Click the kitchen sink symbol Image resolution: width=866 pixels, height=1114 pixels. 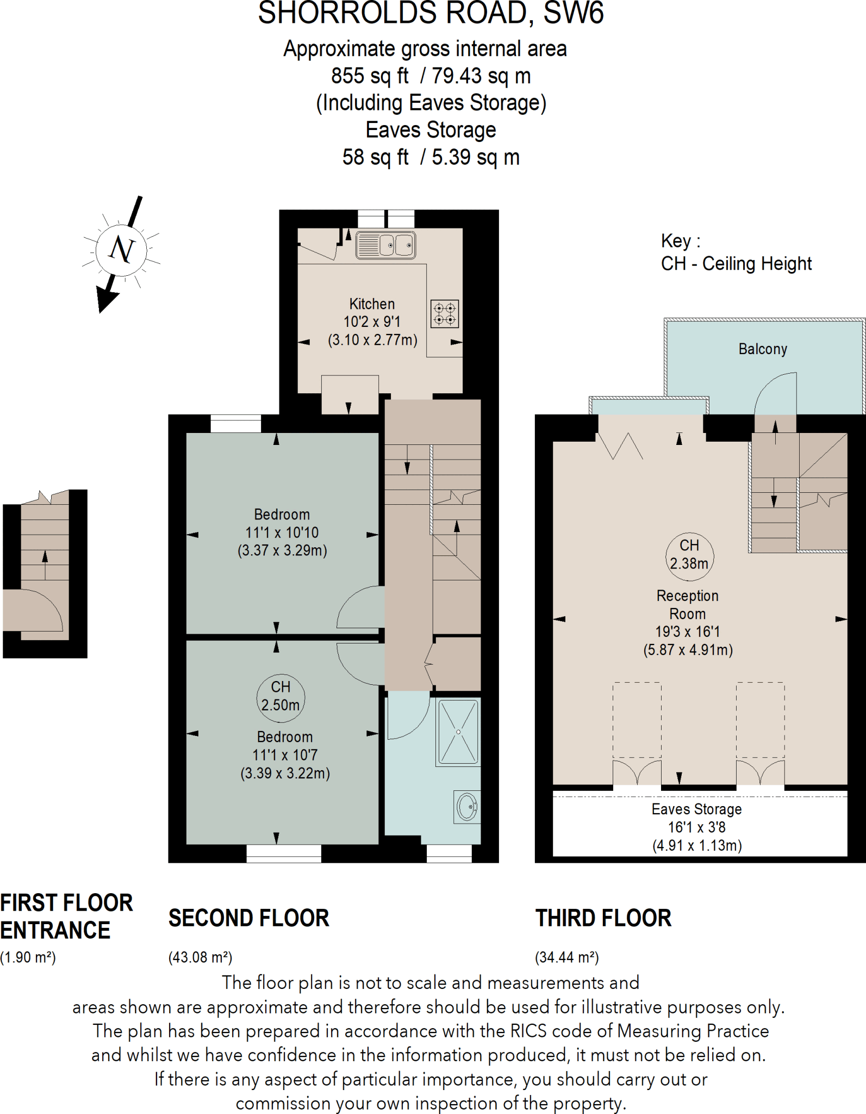tap(386, 245)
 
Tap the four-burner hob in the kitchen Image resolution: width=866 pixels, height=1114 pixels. tap(445, 314)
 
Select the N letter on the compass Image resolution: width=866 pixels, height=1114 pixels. tap(121, 250)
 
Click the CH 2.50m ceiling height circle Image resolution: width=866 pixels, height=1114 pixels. tap(281, 696)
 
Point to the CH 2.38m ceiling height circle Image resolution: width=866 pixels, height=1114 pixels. tap(689, 554)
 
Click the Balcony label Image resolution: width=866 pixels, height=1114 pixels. tap(763, 349)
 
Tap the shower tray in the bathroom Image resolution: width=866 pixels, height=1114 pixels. tap(458, 732)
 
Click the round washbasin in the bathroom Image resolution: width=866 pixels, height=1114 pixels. tap(467, 807)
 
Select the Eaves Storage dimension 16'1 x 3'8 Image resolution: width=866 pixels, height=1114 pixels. tap(696, 827)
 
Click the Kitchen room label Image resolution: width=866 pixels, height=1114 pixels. tap(372, 304)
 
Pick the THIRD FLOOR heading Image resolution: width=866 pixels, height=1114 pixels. tap(603, 918)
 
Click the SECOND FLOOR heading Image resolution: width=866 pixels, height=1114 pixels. tap(249, 918)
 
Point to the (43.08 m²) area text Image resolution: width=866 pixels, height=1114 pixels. tap(201, 957)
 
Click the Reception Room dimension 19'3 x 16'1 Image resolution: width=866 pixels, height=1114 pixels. tap(688, 632)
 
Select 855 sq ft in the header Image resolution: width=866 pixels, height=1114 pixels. tap(370, 76)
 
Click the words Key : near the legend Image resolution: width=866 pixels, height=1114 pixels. tap(681, 241)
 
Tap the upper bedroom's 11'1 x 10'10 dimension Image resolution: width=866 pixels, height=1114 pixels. tap(282, 533)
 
